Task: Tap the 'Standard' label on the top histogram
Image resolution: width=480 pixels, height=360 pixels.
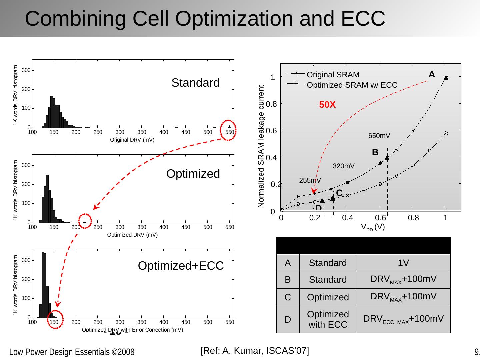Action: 195,83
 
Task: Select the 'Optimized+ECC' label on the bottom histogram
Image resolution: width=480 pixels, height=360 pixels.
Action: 181,266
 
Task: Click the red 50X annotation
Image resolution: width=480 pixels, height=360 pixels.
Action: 327,105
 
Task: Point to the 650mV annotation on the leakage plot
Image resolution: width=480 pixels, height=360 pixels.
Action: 379,136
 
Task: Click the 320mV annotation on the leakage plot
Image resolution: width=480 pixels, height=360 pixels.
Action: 344,166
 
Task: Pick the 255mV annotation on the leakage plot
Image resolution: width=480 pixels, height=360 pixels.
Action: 310,180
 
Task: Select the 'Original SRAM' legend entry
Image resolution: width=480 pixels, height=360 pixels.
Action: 333,75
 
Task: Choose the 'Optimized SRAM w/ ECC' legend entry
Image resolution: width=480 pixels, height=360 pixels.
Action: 352,85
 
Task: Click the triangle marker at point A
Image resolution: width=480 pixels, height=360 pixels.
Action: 446,78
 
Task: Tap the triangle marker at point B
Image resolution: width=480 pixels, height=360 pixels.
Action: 387,157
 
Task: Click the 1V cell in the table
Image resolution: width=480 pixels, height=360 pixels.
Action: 403,263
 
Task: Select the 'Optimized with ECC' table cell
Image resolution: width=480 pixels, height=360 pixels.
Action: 328,319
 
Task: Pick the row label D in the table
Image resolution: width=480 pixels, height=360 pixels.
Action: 288,320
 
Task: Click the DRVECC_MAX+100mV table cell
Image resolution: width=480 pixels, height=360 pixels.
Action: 403,319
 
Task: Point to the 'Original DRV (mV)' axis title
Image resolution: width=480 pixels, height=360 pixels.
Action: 132,140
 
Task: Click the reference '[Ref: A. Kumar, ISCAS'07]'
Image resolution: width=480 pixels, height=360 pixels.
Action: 255,350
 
